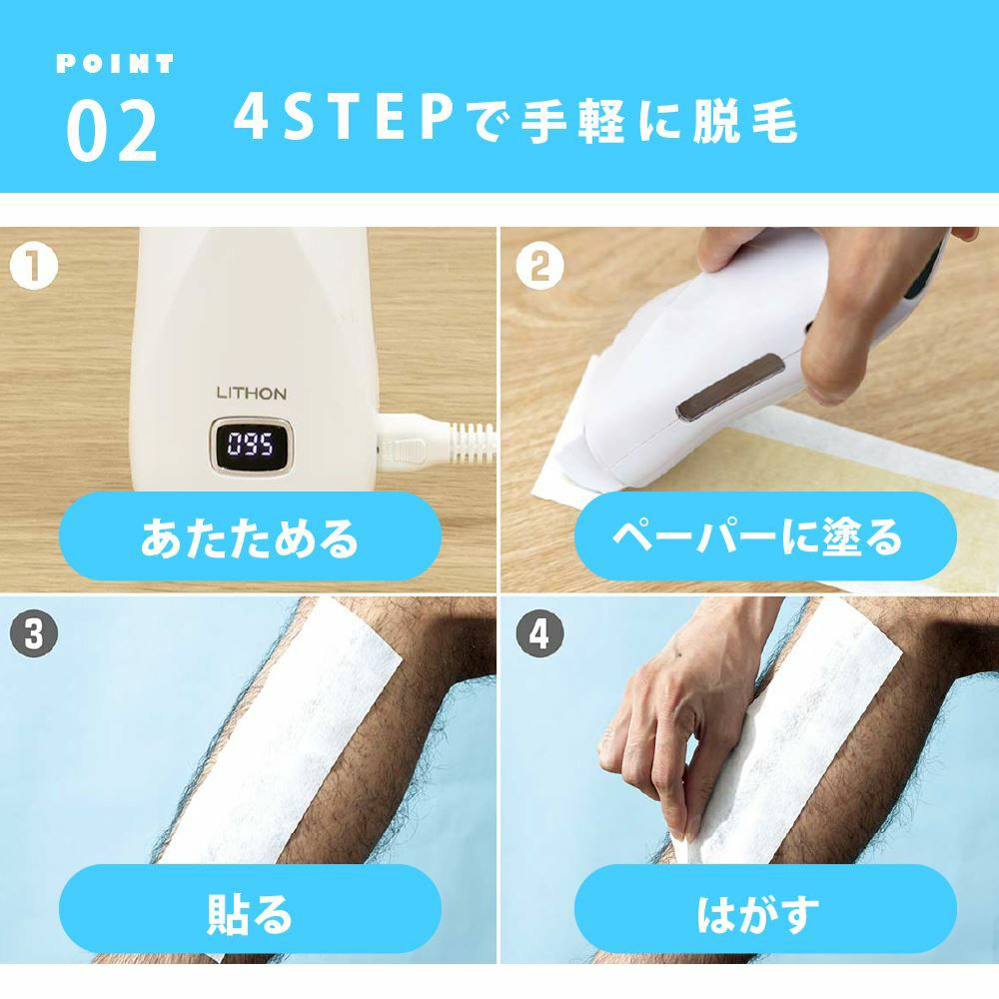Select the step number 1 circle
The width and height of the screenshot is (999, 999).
(x=34, y=267)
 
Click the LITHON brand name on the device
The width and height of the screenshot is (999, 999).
(x=251, y=393)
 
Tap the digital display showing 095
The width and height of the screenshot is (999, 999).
(x=247, y=444)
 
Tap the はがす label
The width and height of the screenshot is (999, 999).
(x=756, y=912)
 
